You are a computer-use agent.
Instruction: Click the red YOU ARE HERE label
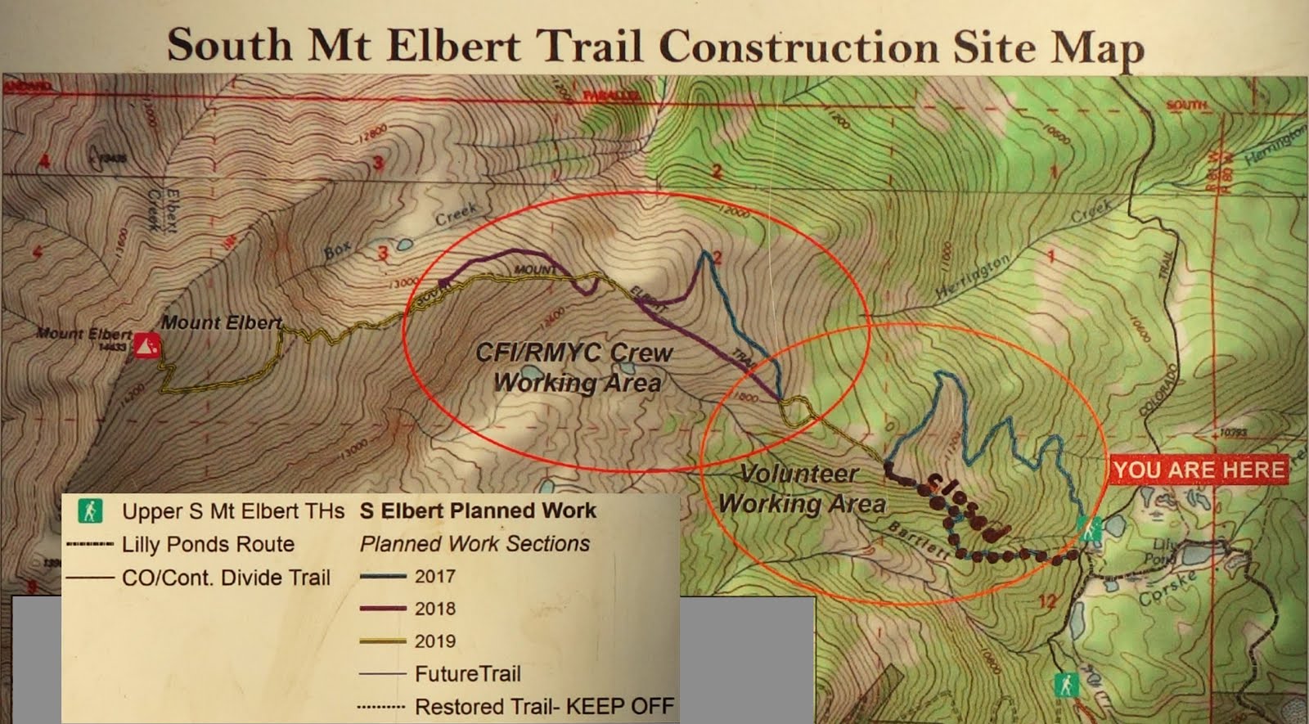(1199, 470)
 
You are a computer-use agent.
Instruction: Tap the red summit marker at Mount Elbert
(147, 344)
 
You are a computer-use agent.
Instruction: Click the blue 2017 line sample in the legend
(382, 577)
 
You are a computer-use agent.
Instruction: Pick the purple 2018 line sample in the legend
(382, 609)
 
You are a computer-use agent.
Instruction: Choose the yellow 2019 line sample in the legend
(382, 641)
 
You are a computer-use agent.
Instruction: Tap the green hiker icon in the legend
(90, 511)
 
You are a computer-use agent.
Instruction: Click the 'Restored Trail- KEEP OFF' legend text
(544, 706)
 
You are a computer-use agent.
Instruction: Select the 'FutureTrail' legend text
(467, 674)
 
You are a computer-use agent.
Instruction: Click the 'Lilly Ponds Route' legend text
(208, 545)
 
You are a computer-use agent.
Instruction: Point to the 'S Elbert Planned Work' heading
(478, 510)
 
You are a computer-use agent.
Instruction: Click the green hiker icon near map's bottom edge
(1065, 684)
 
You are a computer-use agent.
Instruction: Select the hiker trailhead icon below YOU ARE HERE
(1090, 529)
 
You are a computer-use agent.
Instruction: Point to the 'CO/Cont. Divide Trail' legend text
(226, 578)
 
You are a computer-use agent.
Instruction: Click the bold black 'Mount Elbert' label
(221, 322)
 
